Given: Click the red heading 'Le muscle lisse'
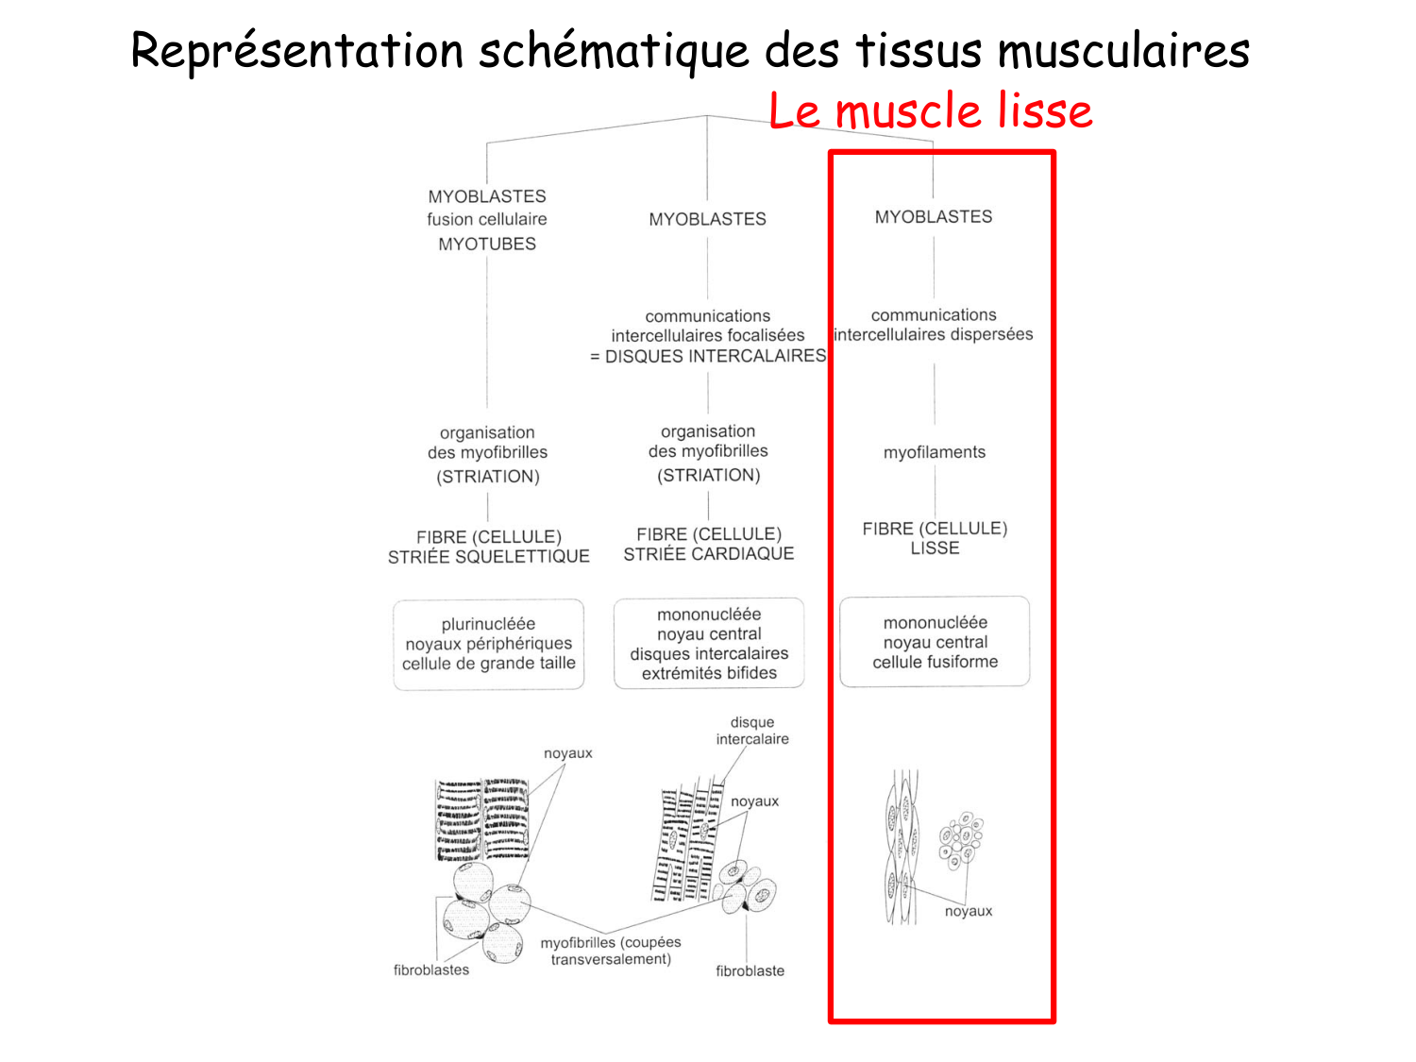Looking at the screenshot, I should click(930, 111).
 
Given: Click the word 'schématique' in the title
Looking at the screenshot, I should click(613, 52).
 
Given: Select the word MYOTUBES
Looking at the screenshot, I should click(487, 244).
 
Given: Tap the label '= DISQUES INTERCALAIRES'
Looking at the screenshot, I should click(708, 356).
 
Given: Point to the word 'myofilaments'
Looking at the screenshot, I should click(934, 452).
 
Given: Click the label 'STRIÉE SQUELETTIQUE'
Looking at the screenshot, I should click(488, 557).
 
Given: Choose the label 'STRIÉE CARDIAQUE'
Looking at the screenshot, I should click(708, 554).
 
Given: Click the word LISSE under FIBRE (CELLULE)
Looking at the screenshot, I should click(935, 548).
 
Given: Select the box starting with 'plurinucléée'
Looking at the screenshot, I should click(488, 644).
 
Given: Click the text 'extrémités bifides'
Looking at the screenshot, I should click(709, 673).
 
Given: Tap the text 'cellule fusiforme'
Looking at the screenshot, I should click(935, 662).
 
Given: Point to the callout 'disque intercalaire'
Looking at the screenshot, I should click(752, 731).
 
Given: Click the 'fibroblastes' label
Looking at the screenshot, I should click(430, 969).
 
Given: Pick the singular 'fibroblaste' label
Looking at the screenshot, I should click(750, 970).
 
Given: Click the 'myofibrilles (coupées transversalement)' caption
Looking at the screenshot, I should click(611, 951).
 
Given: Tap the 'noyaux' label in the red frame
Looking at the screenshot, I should click(969, 911).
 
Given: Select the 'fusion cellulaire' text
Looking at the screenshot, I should click(487, 219).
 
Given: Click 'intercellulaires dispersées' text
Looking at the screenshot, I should click(934, 334).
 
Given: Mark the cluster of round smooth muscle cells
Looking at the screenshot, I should click(960, 839).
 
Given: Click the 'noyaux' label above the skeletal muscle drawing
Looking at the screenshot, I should click(567, 753).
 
